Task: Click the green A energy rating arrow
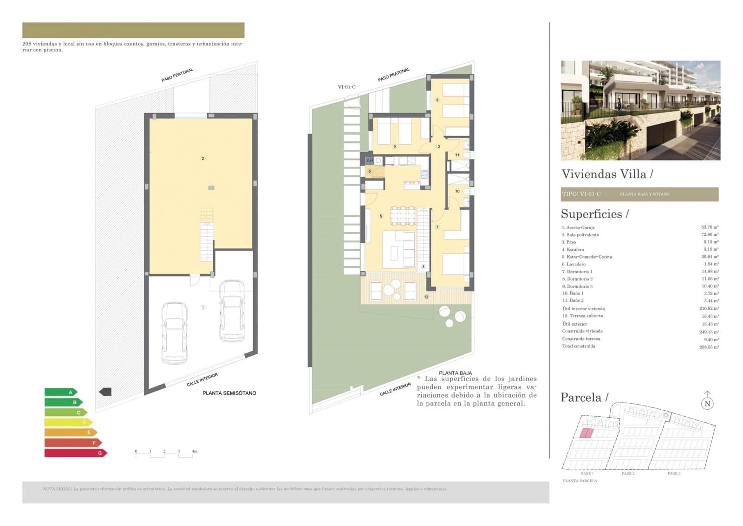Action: (60, 392)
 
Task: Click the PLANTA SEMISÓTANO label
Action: (229, 393)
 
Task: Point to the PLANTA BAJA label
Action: (455, 373)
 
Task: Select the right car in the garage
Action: (232, 310)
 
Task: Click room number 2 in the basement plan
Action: (202, 159)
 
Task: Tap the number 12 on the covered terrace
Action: (426, 297)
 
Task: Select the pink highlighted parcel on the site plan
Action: (587, 433)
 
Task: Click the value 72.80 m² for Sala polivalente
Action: (710, 235)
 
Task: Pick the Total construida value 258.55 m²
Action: (709, 347)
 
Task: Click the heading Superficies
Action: (594, 214)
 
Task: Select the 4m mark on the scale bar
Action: (194, 451)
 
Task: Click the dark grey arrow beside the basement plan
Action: (105, 392)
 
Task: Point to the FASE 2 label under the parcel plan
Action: (628, 473)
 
